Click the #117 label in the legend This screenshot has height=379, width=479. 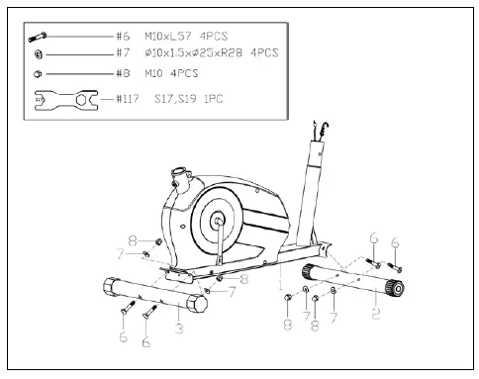coord(129,99)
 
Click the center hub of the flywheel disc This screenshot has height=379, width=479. coord(216,223)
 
